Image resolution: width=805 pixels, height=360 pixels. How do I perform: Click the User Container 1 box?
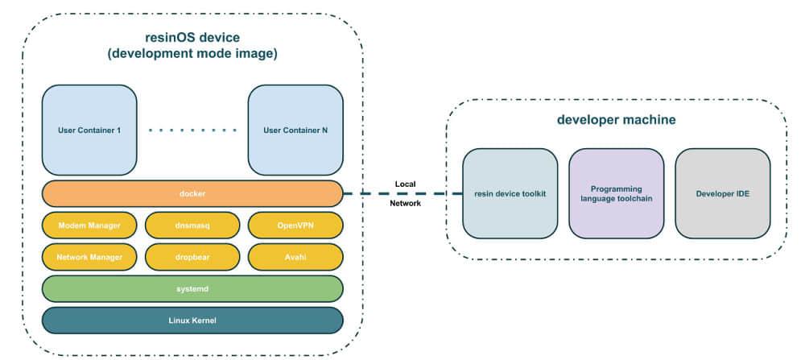click(x=89, y=130)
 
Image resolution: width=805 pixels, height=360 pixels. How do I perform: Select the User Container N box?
click(x=295, y=130)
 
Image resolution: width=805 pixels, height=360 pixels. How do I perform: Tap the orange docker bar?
click(x=192, y=193)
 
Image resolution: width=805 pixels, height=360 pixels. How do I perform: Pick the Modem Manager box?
click(x=89, y=226)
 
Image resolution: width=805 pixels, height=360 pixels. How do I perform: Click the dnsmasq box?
click(x=192, y=226)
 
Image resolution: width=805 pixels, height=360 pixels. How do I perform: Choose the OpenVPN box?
click(x=295, y=226)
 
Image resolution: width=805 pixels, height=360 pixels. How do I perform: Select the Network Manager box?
click(x=89, y=257)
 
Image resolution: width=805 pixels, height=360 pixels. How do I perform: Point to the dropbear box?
click(x=192, y=257)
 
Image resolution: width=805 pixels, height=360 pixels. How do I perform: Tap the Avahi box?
click(x=295, y=257)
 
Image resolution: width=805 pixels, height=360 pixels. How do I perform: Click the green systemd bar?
click(x=192, y=288)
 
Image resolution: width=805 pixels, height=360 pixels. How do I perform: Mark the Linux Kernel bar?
click(x=192, y=320)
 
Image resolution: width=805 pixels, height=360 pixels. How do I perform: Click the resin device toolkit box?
click(x=510, y=193)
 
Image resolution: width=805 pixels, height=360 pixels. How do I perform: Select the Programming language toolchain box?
click(x=616, y=193)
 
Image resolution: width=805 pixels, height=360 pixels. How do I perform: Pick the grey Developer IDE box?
click(x=722, y=193)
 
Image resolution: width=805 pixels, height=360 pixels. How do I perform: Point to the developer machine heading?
click(x=616, y=120)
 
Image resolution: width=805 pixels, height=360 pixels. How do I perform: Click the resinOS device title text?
click(x=192, y=38)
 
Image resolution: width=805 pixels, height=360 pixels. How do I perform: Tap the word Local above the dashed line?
click(x=405, y=184)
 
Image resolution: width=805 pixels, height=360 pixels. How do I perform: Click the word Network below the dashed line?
click(x=405, y=204)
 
